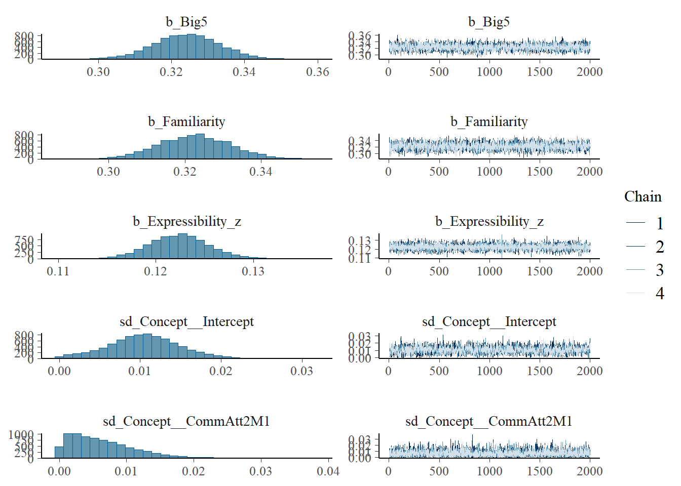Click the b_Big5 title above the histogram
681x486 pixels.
pyautogui.click(x=186, y=22)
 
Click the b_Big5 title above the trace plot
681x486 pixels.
pyautogui.click(x=489, y=22)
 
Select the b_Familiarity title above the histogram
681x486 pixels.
pyautogui.click(x=186, y=121)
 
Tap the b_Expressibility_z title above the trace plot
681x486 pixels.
pyautogui.click(x=489, y=221)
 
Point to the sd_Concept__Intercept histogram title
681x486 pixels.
pyautogui.click(x=186, y=321)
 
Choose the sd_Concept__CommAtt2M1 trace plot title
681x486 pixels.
pyautogui.click(x=489, y=421)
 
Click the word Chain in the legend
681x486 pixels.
pyautogui.click(x=642, y=196)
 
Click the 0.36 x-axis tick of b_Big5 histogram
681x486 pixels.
pyautogui.click(x=318, y=72)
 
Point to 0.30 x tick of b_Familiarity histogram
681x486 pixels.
pyautogui.click(x=108, y=172)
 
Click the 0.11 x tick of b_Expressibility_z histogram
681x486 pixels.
pyautogui.click(x=58, y=271)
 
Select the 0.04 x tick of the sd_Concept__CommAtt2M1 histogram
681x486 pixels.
pyautogui.click(x=328, y=471)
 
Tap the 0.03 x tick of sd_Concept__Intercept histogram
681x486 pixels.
pyautogui.click(x=301, y=371)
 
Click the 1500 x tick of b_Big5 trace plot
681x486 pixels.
pyautogui.click(x=540, y=72)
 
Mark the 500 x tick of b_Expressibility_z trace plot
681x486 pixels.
pyautogui.click(x=439, y=271)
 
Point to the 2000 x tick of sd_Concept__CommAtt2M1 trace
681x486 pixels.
pyautogui.click(x=590, y=471)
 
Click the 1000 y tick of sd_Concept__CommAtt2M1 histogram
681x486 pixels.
pyautogui.click(x=21, y=435)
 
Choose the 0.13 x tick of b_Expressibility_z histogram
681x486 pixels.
pyautogui.click(x=253, y=271)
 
